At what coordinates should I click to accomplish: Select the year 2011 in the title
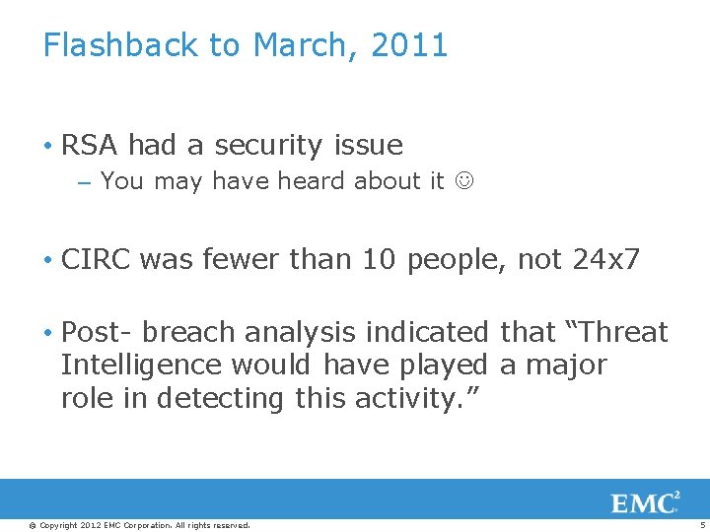point(409,45)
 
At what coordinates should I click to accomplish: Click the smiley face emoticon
point(463,181)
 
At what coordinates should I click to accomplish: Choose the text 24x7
point(605,260)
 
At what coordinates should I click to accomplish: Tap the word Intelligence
point(141,366)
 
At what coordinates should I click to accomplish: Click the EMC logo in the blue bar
point(646,502)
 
